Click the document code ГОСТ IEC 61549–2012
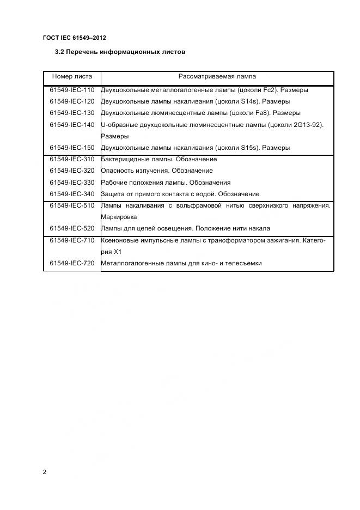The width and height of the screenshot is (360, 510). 74,38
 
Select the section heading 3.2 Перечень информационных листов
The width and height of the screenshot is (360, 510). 120,52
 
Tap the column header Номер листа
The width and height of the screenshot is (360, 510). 72,77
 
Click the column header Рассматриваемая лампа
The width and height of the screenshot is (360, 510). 217,77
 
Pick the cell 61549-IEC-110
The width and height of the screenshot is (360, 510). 72,90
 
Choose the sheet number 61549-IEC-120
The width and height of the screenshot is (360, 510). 72,101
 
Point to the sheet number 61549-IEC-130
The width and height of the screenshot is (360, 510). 72,113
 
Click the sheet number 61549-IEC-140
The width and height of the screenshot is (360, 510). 72,125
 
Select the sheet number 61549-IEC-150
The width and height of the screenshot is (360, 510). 72,148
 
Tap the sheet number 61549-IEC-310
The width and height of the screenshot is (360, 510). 72,159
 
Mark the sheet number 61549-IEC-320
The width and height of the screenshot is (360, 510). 72,171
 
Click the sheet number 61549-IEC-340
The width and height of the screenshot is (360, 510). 72,194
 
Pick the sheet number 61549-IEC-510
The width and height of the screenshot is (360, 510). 72,205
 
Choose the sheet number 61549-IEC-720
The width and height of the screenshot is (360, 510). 72,263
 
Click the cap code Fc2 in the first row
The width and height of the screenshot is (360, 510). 269,90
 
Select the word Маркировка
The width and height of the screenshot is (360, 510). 119,217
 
